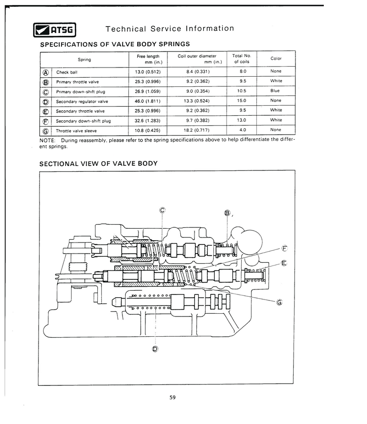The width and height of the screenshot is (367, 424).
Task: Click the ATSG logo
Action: click(55, 30)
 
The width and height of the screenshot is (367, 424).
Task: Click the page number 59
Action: click(172, 397)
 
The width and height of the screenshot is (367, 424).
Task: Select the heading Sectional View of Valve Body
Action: click(98, 164)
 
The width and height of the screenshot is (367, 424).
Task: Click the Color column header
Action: click(276, 58)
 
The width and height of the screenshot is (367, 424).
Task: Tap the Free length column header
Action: click(148, 59)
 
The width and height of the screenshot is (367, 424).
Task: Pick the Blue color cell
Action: click(275, 90)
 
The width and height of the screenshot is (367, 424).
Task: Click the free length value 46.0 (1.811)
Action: click(147, 101)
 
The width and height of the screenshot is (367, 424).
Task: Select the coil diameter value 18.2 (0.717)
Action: click(197, 130)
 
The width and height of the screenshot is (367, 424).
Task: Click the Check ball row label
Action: click(67, 72)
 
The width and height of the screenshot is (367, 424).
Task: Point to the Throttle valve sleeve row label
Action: click(76, 131)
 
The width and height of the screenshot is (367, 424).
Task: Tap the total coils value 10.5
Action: click(242, 91)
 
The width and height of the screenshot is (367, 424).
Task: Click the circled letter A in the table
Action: click(45, 73)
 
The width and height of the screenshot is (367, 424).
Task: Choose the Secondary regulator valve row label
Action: click(82, 102)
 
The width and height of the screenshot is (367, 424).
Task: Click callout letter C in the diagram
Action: click(162, 210)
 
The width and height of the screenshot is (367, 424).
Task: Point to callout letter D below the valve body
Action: click(155, 349)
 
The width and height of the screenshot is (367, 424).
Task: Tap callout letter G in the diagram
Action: click(279, 302)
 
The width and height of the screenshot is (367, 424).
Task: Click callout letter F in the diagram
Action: click(284, 248)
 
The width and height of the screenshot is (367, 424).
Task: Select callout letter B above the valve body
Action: click(227, 213)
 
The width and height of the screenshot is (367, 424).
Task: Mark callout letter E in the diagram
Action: click(284, 263)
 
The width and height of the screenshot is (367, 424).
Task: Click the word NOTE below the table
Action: click(47, 141)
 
